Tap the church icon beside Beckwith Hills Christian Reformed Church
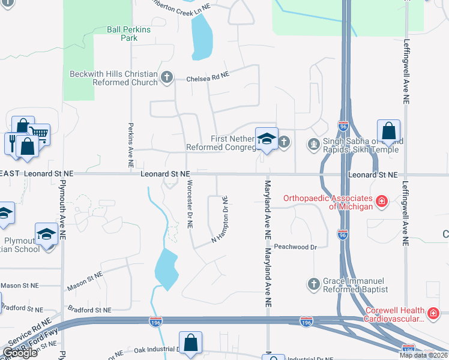click(167, 77)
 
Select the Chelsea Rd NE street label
click(208, 77)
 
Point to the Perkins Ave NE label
click(130, 145)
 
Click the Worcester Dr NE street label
click(189, 204)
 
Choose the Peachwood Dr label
click(295, 247)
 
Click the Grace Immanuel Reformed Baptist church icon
click(313, 283)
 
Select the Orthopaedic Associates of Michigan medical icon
click(381, 201)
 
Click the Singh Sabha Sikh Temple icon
click(313, 143)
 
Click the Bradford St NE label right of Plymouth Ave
click(90, 310)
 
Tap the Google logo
click(20, 353)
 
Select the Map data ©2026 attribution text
click(423, 355)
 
